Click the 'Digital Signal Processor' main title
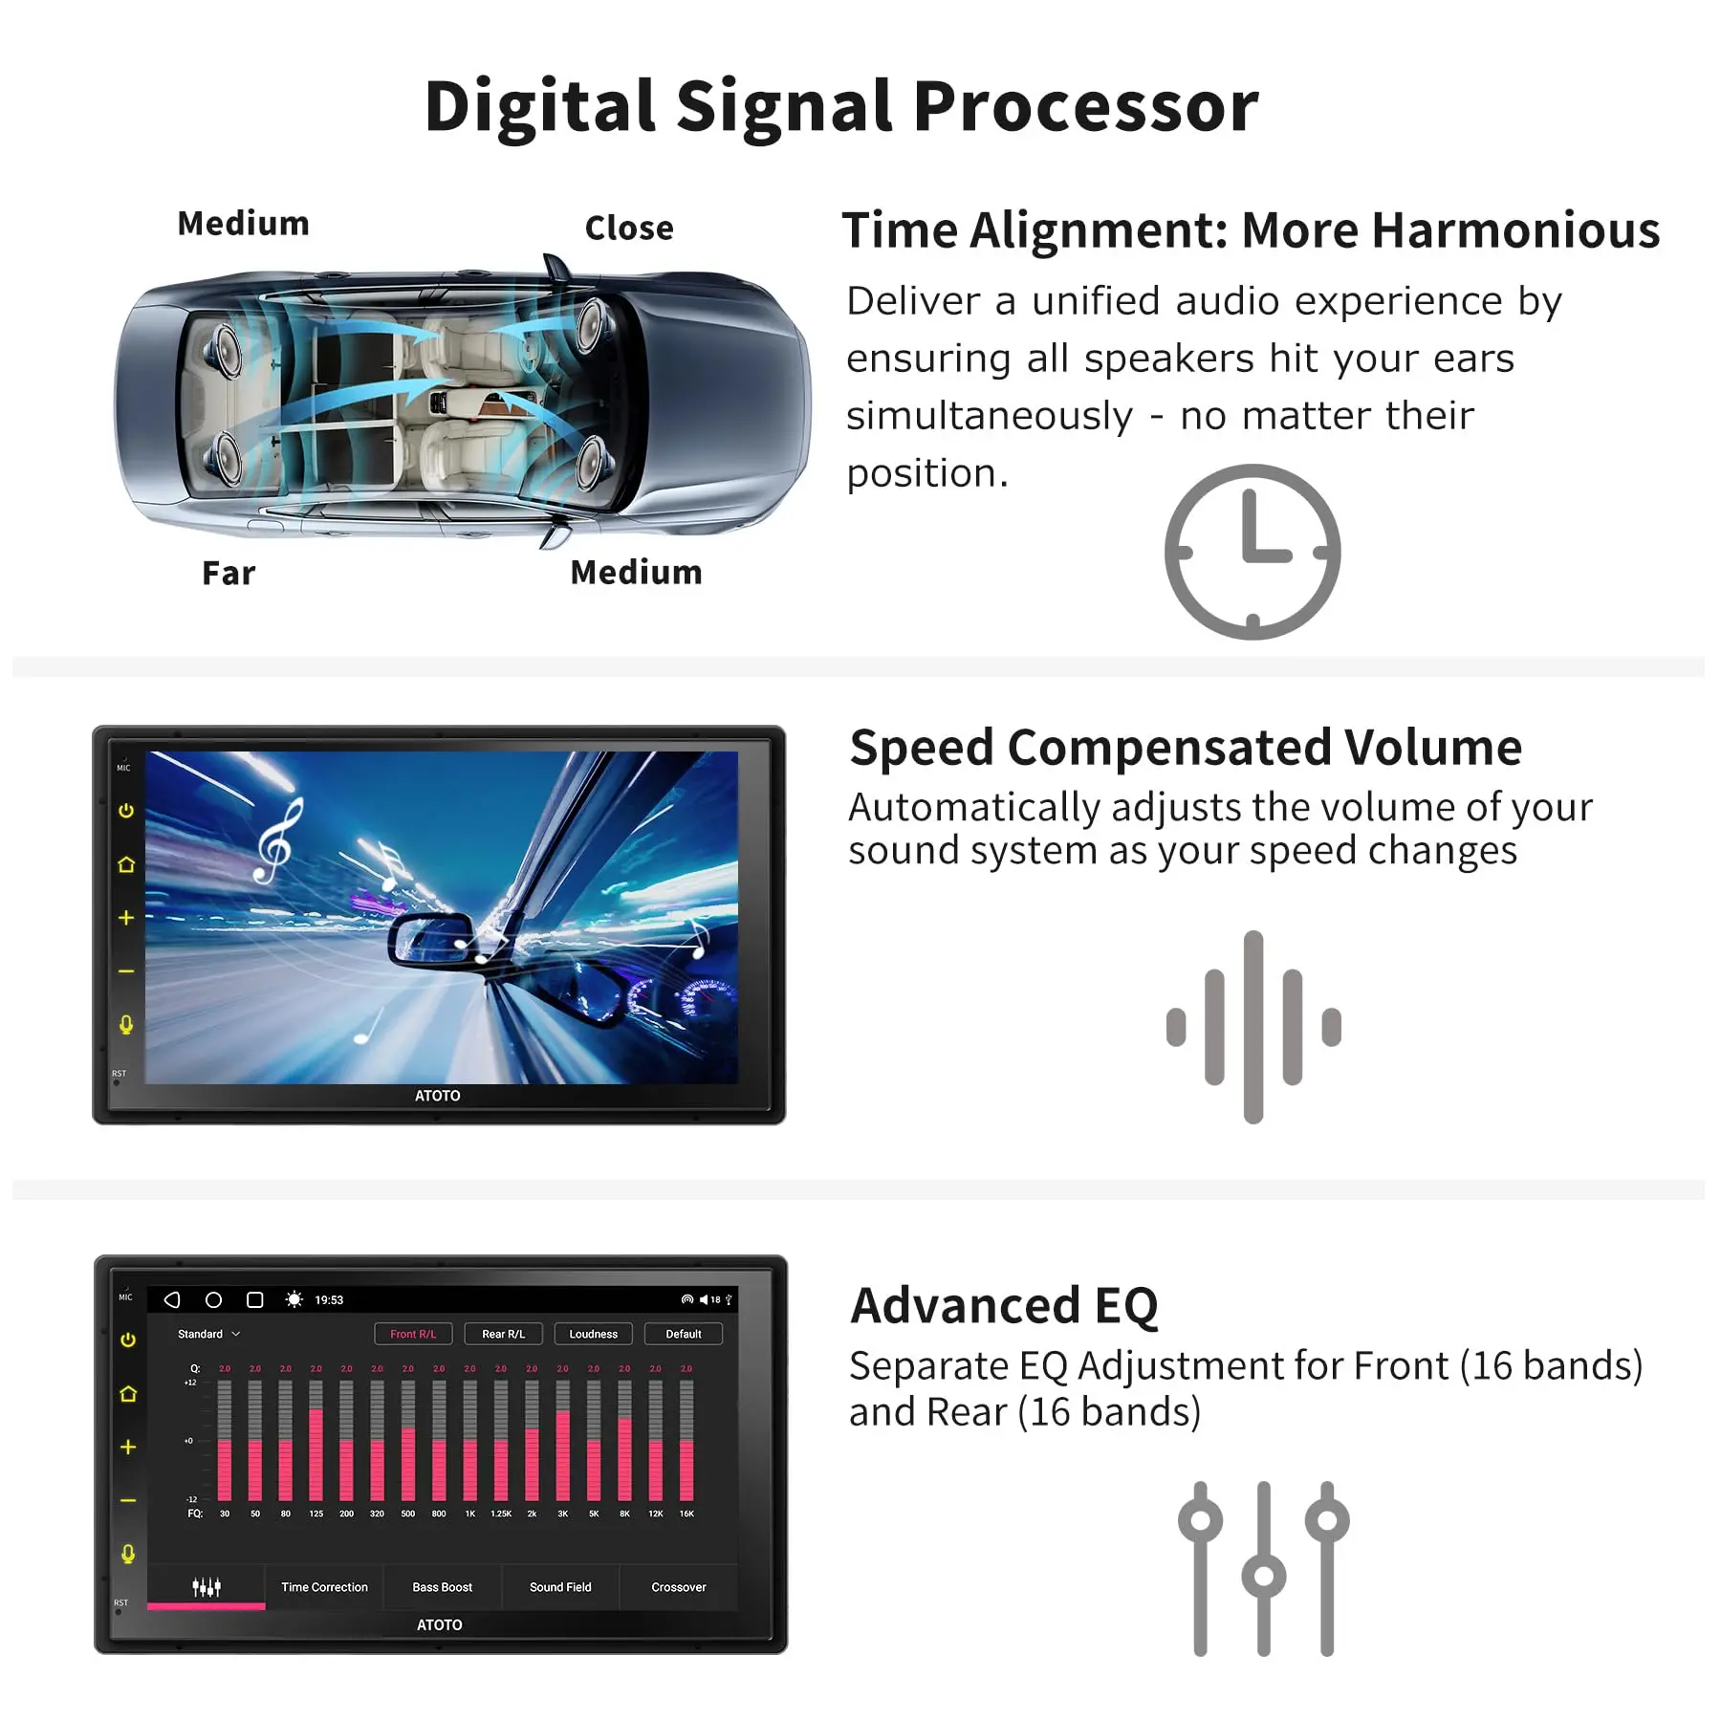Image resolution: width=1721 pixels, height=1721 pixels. point(841,107)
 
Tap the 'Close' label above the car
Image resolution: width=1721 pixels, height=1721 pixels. point(629,228)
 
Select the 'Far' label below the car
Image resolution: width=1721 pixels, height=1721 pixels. point(229,573)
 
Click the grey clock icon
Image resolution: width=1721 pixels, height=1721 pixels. point(1253,552)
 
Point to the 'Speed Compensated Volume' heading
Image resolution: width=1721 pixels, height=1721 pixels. point(1186,747)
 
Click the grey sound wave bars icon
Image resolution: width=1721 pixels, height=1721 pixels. point(1253,1027)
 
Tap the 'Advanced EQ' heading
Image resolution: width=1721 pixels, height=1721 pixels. point(1004,1305)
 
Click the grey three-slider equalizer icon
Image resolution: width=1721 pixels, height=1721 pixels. point(1263,1568)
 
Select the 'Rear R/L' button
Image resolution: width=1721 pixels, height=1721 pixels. point(503,1334)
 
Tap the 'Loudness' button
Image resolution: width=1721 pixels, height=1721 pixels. point(593,1334)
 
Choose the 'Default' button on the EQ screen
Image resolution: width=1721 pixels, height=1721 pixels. point(683,1334)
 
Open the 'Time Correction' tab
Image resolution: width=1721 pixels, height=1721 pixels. point(324,1587)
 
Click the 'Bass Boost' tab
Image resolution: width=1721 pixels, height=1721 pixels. point(442,1587)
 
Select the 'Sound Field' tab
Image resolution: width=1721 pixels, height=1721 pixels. point(560,1587)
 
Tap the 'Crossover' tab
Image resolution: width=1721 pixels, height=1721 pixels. point(679,1587)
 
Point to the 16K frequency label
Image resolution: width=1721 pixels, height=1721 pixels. point(686,1514)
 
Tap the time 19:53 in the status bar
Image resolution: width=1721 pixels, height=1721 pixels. point(329,1300)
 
